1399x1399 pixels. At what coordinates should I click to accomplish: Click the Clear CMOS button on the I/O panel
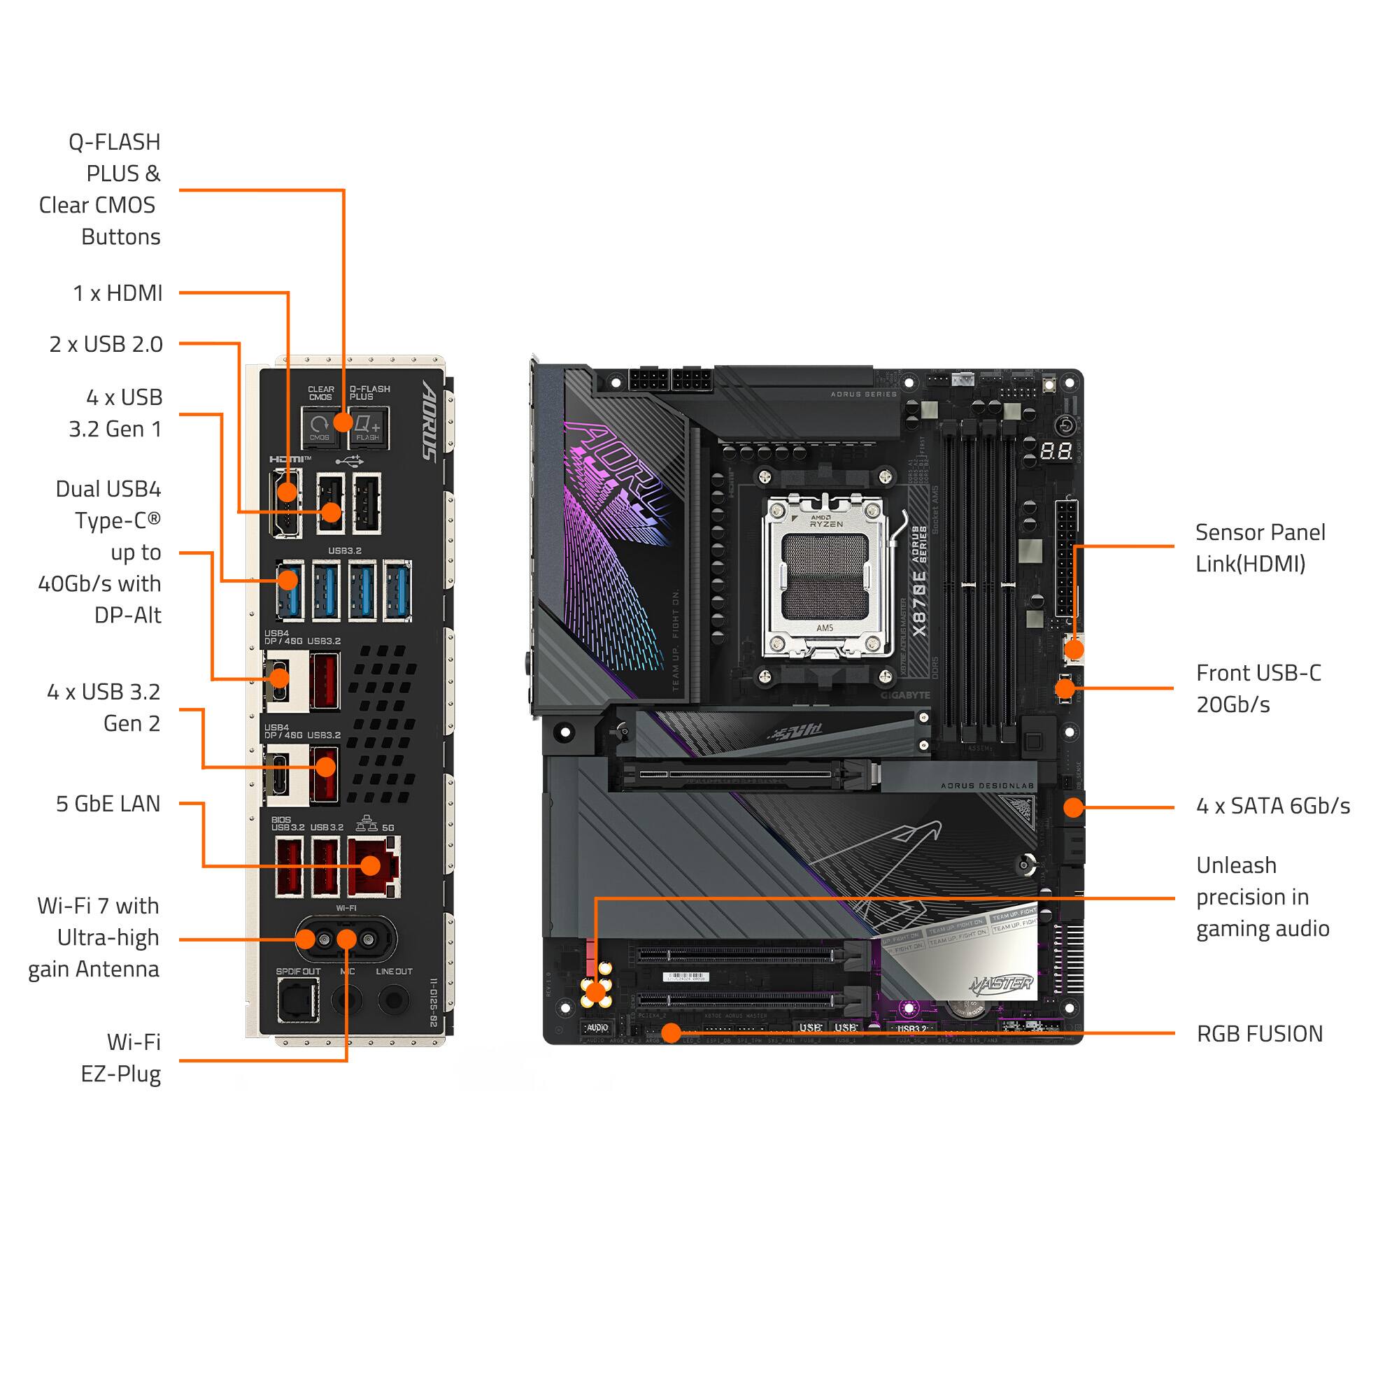[x=320, y=427]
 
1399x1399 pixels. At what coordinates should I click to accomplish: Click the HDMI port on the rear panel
[x=286, y=502]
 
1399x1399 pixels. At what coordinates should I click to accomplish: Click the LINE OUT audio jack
[x=394, y=1000]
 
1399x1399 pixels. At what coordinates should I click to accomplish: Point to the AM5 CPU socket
[x=825, y=576]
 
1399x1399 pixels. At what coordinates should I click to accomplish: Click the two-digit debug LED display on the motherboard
[x=1056, y=451]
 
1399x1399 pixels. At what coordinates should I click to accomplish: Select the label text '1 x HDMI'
[x=118, y=293]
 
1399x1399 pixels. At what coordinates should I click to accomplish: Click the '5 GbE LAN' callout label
[x=108, y=804]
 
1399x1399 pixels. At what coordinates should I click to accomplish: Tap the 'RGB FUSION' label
[x=1259, y=1034]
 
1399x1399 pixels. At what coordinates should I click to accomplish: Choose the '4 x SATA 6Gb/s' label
[x=1272, y=806]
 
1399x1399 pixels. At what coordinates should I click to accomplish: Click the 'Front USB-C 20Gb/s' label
[x=1258, y=688]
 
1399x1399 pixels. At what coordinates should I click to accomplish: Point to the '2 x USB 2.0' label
[x=106, y=344]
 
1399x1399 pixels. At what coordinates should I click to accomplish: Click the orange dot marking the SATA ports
[x=1073, y=807]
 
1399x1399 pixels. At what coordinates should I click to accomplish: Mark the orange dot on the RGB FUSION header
[x=672, y=1033]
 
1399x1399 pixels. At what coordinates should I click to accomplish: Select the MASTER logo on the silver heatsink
[x=1002, y=983]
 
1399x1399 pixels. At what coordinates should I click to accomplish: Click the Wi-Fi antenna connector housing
[x=346, y=940]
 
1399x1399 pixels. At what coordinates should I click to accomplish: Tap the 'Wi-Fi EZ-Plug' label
[x=121, y=1058]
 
